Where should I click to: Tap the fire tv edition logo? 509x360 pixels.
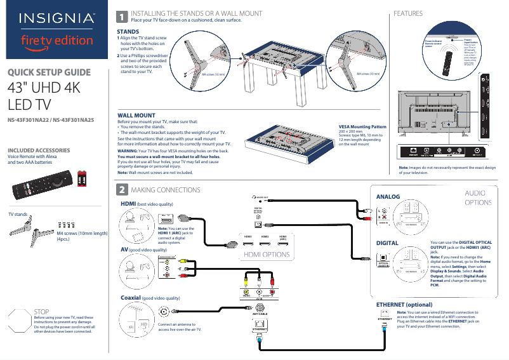pyautogui.click(x=57, y=41)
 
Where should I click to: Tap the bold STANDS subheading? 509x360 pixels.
pyautogui.click(x=129, y=31)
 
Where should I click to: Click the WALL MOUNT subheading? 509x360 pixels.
pyautogui.click(x=136, y=116)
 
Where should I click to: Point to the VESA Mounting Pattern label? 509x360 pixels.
pyautogui.click(x=362, y=127)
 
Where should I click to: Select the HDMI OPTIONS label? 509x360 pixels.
pyautogui.click(x=267, y=255)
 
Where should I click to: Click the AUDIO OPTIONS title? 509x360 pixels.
pyautogui.click(x=478, y=197)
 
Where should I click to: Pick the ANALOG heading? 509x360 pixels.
pyautogui.click(x=388, y=197)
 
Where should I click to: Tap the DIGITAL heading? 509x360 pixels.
pyautogui.click(x=387, y=243)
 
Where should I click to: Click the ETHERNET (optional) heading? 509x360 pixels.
pyautogui.click(x=404, y=305)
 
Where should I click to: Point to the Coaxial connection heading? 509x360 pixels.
pyautogui.click(x=130, y=298)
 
